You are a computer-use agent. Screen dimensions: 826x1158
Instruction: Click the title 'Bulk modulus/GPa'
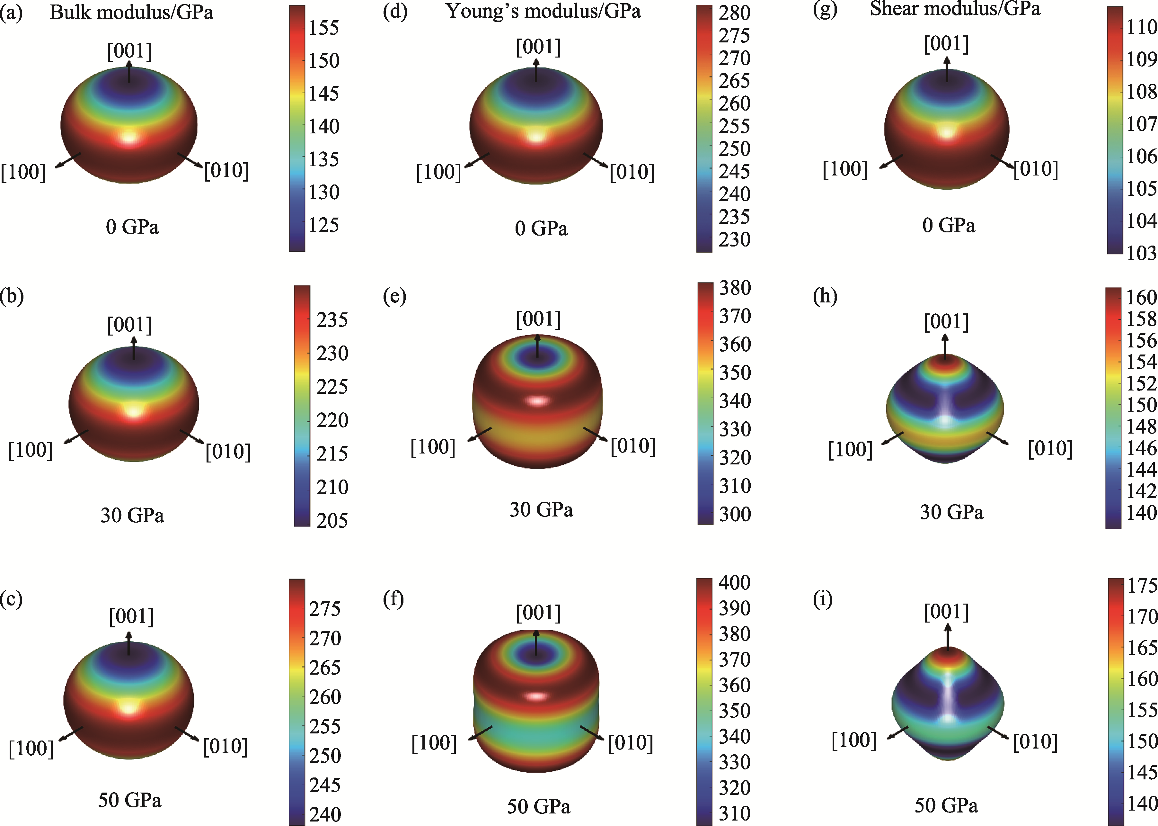pos(131,12)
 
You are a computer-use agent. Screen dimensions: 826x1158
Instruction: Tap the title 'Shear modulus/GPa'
pos(955,9)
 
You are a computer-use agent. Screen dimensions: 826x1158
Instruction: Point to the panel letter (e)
pos(394,296)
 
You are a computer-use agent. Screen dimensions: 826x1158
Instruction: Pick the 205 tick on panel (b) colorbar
pos(332,520)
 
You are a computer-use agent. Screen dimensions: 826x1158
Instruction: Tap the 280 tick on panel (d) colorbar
pos(734,13)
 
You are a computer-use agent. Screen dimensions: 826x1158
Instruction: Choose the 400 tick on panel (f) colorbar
pos(734,582)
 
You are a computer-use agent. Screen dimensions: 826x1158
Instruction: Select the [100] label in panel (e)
pos(433,447)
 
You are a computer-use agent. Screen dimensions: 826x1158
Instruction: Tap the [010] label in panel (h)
pos(1050,449)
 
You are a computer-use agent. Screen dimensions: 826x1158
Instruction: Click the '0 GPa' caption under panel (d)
pos(541,229)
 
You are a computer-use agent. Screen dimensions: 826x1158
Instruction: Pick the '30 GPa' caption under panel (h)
pos(951,512)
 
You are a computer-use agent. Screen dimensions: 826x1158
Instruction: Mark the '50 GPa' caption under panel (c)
pos(130,800)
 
